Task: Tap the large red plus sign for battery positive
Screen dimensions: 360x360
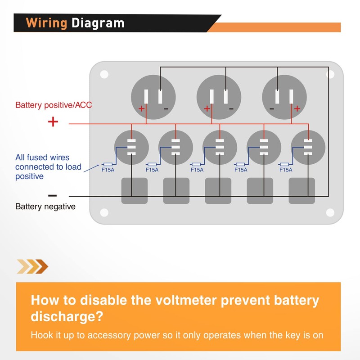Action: [53, 121]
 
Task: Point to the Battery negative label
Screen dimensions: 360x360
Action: [45, 207]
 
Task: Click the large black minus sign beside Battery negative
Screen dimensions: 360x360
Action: [53, 195]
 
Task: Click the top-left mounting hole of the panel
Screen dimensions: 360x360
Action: [104, 74]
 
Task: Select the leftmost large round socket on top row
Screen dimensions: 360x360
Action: [153, 97]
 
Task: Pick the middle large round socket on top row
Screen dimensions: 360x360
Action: [219, 97]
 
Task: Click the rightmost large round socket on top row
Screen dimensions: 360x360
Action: [284, 97]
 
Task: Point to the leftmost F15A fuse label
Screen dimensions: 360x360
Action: [108, 170]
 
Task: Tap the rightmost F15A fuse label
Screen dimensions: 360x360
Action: [286, 170]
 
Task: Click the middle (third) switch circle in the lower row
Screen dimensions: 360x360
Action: [220, 147]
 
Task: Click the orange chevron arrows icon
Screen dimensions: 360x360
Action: [32, 266]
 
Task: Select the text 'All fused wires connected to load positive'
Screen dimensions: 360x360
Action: [48, 167]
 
